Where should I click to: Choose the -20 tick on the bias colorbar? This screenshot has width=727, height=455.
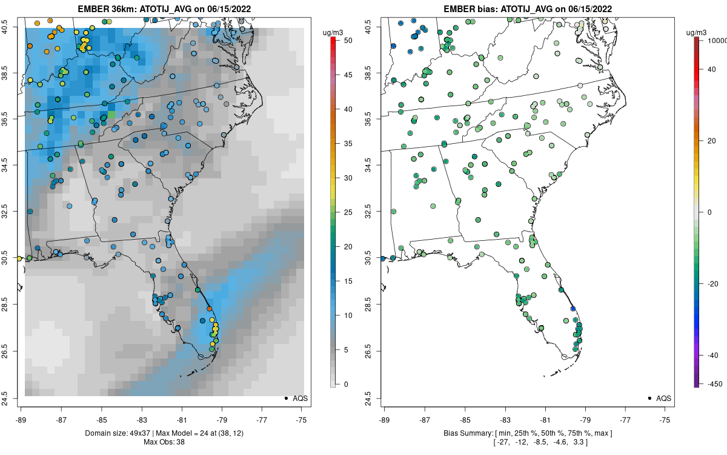click(712, 283)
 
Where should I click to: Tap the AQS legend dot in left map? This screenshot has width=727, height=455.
click(285, 398)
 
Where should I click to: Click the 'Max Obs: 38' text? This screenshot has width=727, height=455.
click(164, 442)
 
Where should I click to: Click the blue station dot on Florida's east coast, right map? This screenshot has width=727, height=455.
click(573, 309)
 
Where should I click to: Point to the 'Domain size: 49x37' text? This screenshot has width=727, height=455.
click(118, 433)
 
